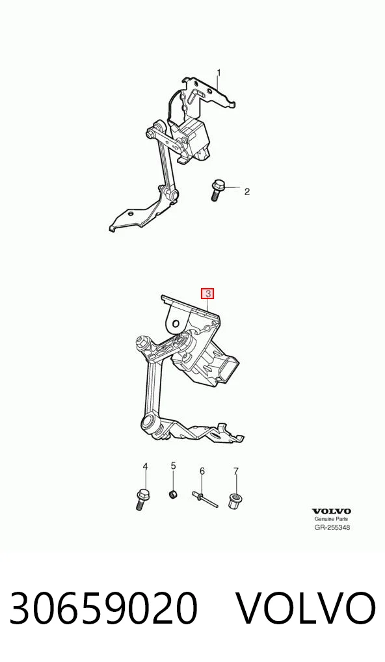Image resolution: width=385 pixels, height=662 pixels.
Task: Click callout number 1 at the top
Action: [219, 73]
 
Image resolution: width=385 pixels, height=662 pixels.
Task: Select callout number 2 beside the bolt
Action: [247, 192]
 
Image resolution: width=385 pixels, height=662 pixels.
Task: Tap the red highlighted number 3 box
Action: [207, 293]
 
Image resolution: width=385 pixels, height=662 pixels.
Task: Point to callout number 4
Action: [145, 466]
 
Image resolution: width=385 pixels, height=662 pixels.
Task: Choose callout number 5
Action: [173, 466]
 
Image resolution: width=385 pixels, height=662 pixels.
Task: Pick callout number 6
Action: [202, 471]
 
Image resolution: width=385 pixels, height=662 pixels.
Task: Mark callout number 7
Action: [235, 471]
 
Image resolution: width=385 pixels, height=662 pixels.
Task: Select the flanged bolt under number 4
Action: [142, 499]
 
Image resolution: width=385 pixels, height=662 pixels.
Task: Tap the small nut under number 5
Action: [172, 494]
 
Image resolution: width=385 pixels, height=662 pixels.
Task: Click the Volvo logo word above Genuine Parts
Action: [332, 512]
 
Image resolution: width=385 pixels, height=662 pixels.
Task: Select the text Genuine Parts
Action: [332, 519]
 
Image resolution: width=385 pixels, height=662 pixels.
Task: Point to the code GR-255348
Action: [332, 527]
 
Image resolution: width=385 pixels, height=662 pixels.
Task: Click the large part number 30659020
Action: [103, 609]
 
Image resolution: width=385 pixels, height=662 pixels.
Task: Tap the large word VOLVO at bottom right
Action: [305, 609]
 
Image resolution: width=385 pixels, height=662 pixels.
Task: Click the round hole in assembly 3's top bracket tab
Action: [176, 323]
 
